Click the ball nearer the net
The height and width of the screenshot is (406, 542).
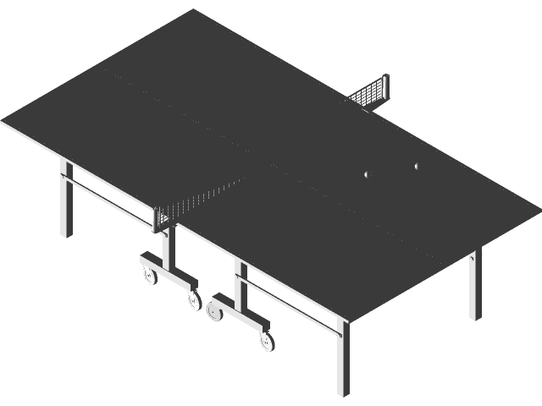point(366,174)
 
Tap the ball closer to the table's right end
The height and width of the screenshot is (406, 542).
point(417,166)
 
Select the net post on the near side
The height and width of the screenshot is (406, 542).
point(161,219)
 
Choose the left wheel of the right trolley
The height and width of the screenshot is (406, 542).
point(213,311)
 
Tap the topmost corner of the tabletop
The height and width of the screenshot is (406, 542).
point(194,10)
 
